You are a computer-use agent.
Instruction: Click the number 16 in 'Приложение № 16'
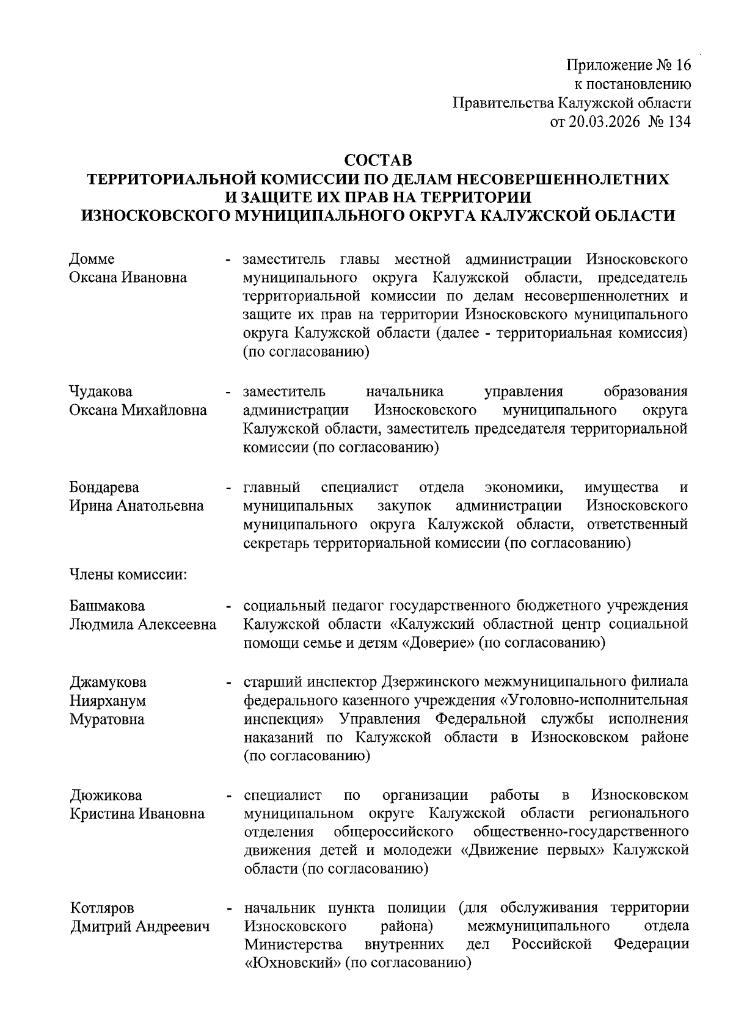click(680, 65)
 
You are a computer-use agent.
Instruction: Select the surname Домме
click(92, 259)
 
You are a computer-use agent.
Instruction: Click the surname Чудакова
click(101, 391)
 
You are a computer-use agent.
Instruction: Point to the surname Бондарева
click(104, 487)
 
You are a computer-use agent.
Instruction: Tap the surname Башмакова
click(107, 606)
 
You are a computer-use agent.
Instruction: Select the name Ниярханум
click(108, 700)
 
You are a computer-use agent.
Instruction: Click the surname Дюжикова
click(105, 795)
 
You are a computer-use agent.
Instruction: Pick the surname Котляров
click(101, 908)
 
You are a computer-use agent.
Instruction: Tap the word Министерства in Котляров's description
click(293, 944)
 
